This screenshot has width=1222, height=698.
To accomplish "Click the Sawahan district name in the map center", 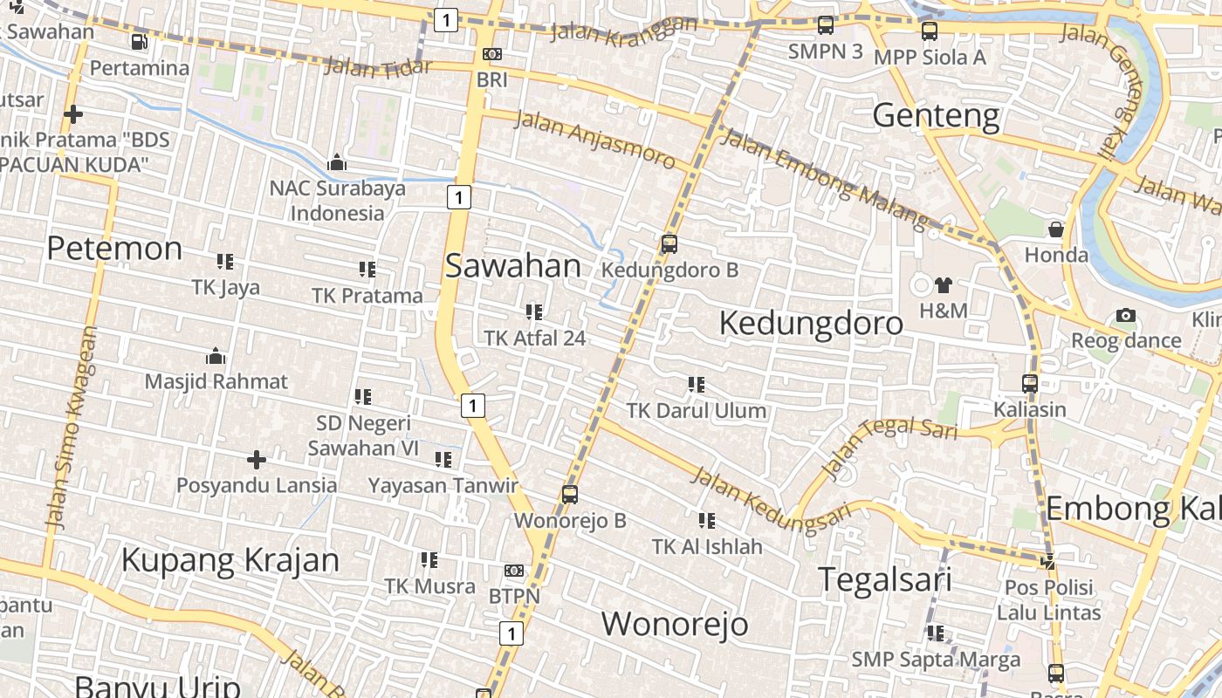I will [513, 266].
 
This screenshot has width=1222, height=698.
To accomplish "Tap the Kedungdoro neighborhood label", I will [811, 324].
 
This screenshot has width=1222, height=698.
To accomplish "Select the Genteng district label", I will [936, 115].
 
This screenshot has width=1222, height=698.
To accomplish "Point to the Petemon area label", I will [114, 249].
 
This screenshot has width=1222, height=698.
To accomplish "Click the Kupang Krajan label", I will [230, 560].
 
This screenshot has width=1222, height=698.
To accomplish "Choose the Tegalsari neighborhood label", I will [884, 580].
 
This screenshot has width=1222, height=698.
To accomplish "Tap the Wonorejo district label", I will [675, 624].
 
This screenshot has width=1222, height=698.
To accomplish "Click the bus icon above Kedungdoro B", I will [669, 244].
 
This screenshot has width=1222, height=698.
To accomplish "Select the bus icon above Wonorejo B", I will [570, 495].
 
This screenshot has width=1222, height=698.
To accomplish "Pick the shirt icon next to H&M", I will [944, 284].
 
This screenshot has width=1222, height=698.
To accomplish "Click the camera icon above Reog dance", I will [1126, 316].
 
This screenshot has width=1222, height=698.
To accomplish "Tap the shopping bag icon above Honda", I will [1056, 229].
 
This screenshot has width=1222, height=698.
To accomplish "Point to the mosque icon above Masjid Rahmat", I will [215, 356].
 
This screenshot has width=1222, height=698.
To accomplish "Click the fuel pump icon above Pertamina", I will [139, 42].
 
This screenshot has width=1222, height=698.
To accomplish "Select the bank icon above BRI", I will [492, 54].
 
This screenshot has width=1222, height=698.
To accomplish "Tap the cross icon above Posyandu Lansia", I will [257, 459].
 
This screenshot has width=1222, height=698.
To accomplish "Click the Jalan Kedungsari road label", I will [770, 498].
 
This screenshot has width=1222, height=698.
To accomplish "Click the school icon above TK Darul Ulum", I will [696, 384].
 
